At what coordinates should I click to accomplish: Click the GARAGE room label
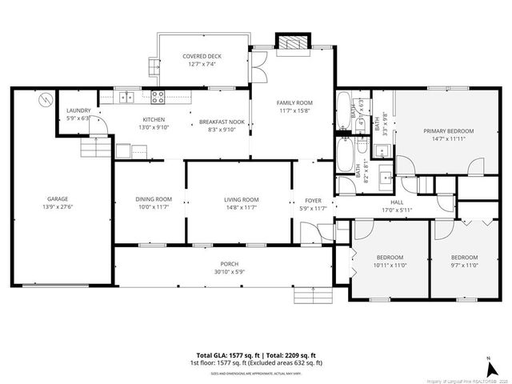coord(56,198)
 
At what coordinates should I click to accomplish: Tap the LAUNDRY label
coord(78,110)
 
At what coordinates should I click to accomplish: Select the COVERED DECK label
coord(202,56)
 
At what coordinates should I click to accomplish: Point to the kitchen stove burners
coord(158,98)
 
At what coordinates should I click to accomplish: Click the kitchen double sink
coord(126,98)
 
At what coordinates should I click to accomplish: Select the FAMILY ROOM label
coord(294,103)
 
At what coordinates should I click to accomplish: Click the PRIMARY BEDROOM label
coord(448,131)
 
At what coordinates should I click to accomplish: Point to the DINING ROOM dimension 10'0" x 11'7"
coord(153,207)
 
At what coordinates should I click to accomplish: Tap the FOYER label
coord(313,200)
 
